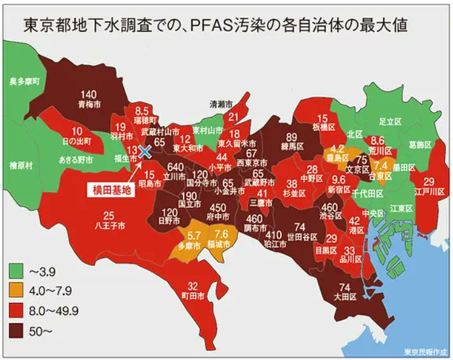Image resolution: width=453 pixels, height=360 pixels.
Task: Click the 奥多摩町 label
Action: click(25, 82)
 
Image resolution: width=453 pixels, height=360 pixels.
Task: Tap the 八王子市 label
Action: click(109, 225)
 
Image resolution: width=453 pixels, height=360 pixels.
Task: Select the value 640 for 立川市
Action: click(176, 167)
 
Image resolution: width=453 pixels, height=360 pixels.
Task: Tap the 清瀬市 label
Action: click(222, 103)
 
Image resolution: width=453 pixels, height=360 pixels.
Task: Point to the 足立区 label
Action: click(387, 120)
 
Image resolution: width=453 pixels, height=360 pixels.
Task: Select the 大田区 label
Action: click(345, 296)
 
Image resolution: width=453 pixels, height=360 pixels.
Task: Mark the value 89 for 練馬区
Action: click(292, 137)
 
